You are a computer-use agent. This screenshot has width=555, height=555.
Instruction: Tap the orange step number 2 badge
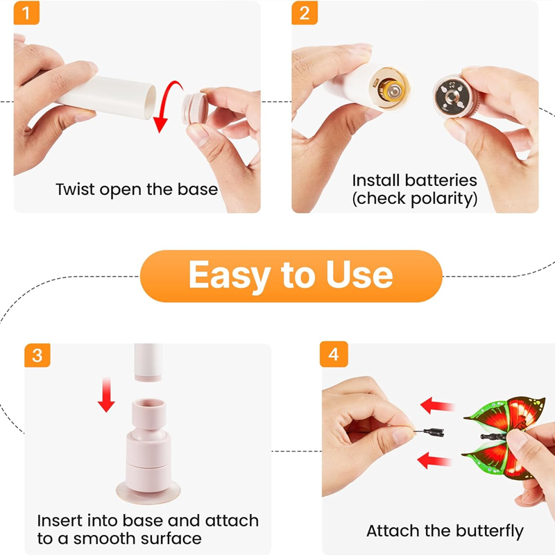(304, 13)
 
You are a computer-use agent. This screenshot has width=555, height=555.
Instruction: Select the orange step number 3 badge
(37, 355)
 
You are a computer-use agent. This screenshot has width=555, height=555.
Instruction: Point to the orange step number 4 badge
(334, 355)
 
